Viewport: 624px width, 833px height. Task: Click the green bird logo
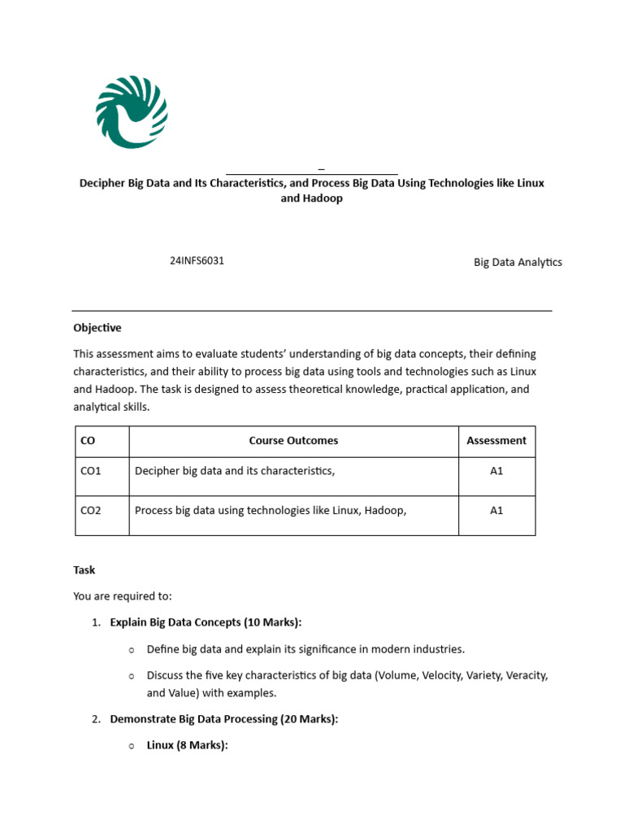pyautogui.click(x=132, y=112)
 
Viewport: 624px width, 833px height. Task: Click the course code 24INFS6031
pyautogui.click(x=197, y=261)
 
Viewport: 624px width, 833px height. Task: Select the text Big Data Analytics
pyautogui.click(x=518, y=262)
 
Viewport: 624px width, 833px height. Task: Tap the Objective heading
pyautogui.click(x=97, y=328)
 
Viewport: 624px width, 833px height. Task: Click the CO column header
pyautogui.click(x=88, y=441)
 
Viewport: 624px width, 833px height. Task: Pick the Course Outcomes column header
pyautogui.click(x=293, y=441)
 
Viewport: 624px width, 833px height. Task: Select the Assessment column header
pyautogui.click(x=496, y=441)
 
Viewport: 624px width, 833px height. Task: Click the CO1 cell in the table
pyautogui.click(x=91, y=471)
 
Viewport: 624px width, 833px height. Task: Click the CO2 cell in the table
pyautogui.click(x=91, y=511)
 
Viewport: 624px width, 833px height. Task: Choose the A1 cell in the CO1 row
pyautogui.click(x=496, y=471)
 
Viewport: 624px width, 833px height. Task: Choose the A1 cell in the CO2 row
pyautogui.click(x=496, y=511)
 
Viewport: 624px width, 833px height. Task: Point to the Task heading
pyautogui.click(x=84, y=570)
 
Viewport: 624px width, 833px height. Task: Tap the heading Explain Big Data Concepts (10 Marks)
pyautogui.click(x=205, y=622)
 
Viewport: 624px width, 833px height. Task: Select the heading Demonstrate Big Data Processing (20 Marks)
pyautogui.click(x=223, y=719)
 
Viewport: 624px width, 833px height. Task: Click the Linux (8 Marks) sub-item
pyautogui.click(x=187, y=744)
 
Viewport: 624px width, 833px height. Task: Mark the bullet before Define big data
pyautogui.click(x=131, y=650)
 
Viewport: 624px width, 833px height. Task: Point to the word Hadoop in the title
pyautogui.click(x=323, y=198)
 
